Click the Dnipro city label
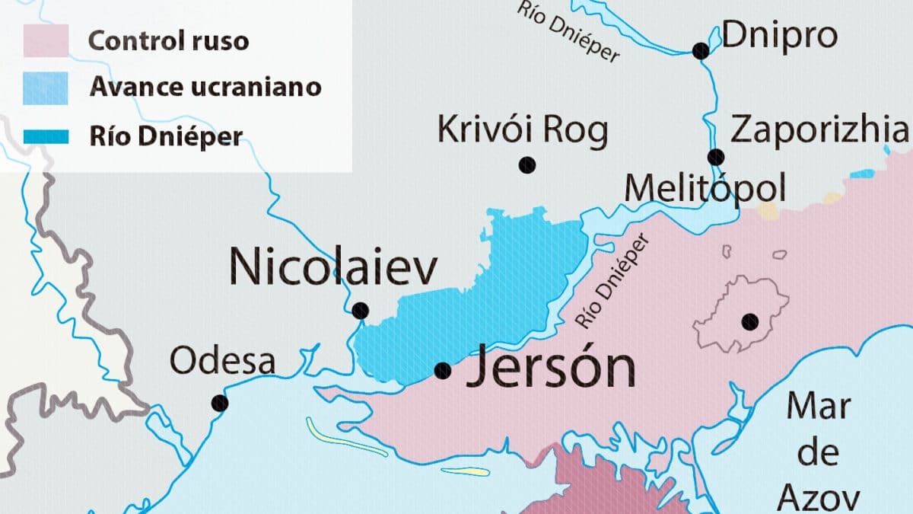coord(779,36)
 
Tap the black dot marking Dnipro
coord(701,51)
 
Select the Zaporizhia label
coord(819,130)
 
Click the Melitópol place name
coord(705,188)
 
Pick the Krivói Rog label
coord(523,130)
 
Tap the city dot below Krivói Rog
coord(526,164)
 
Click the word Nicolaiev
coord(334,268)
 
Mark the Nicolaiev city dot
coord(361,311)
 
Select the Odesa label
coord(222,361)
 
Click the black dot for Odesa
coord(220,402)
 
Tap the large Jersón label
coord(550,368)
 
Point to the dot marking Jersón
coord(442,371)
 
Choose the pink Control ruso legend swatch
coord(46,40)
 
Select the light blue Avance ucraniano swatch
coord(46,88)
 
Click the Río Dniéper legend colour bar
coord(46,137)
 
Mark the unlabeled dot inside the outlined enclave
coord(751,321)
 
